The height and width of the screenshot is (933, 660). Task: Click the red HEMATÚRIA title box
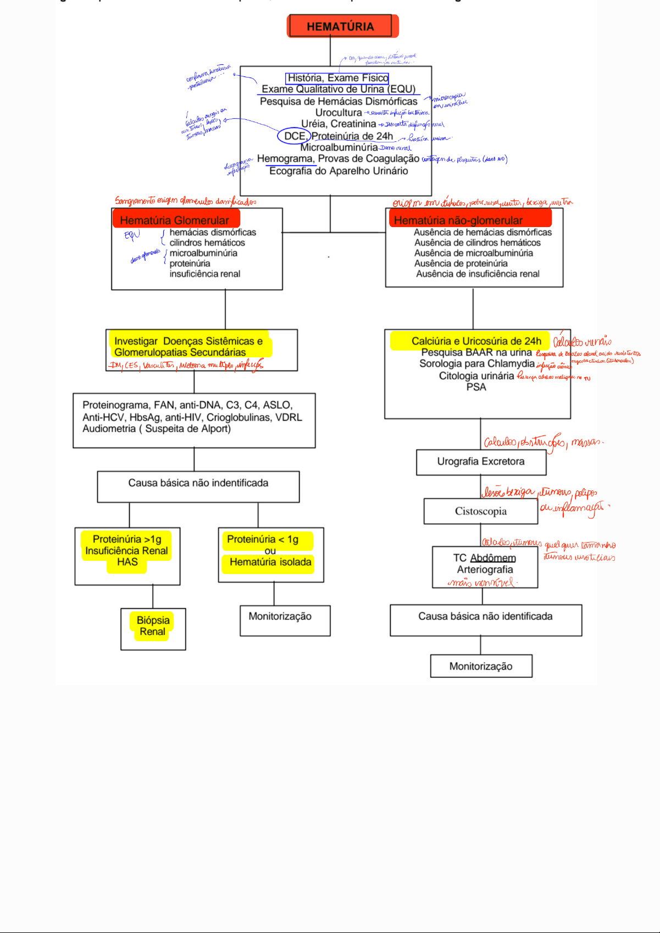click(341, 26)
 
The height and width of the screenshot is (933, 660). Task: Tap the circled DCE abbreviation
click(295, 136)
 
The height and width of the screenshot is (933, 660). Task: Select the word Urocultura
click(339, 113)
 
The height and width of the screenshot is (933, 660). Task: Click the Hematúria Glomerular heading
click(174, 220)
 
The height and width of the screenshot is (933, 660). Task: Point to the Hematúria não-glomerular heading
click(458, 220)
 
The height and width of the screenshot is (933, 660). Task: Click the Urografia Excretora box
click(481, 462)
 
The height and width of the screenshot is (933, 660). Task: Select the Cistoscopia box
click(481, 511)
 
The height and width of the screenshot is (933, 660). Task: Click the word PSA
click(476, 387)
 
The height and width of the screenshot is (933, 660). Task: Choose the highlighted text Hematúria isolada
click(270, 562)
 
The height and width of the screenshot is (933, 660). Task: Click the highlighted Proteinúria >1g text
click(127, 539)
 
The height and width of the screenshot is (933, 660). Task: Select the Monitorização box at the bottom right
click(481, 666)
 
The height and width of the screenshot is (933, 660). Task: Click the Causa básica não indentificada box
click(198, 483)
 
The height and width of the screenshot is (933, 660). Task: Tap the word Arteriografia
click(485, 570)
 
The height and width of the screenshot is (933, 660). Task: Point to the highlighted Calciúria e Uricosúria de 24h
click(476, 341)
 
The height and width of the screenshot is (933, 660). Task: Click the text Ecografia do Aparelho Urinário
click(339, 171)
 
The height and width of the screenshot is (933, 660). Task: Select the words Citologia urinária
click(476, 376)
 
